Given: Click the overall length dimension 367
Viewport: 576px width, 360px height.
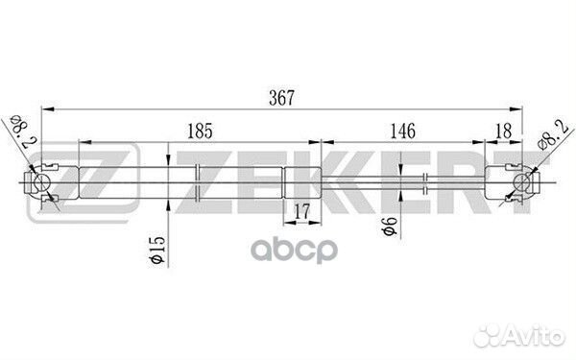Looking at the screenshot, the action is tap(281, 98).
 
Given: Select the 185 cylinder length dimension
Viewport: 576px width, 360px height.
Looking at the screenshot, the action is tap(200, 132).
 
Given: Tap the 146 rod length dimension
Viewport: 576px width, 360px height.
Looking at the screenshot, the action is tap(402, 132).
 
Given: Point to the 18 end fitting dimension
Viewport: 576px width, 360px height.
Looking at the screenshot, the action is tap(503, 131).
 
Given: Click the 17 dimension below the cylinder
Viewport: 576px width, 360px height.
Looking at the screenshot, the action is tap(302, 211).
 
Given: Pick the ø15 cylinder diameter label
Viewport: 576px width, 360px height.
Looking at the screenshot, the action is tap(157, 250).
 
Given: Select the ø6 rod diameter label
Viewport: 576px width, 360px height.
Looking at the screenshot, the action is tap(390, 226).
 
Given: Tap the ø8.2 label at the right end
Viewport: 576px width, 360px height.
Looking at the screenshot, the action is tap(553, 134).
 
